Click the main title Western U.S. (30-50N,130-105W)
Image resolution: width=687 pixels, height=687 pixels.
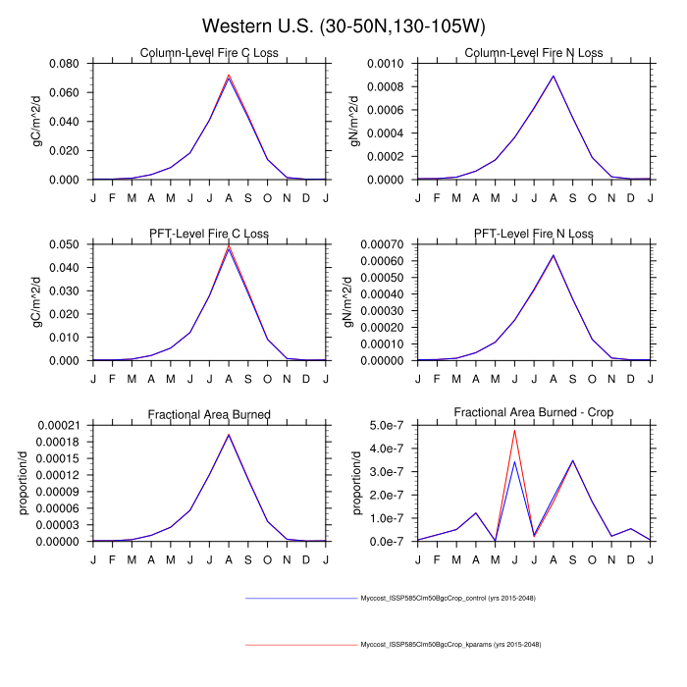[x=343, y=25]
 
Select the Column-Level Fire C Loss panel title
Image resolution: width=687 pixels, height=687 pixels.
[x=209, y=53]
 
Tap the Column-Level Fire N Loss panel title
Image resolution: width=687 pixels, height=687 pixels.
[x=534, y=53]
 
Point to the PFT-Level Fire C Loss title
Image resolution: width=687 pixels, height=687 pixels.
[x=209, y=234]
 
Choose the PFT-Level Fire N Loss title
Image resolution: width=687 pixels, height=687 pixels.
[x=534, y=234]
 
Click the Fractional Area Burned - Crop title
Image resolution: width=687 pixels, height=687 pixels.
[x=534, y=414]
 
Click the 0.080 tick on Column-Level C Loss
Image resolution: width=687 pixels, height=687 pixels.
[x=68, y=64]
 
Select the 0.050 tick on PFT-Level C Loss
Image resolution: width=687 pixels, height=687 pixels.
[x=68, y=244]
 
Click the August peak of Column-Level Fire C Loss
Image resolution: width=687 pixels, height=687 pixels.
[x=229, y=76]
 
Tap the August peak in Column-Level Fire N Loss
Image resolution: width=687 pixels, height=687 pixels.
[x=554, y=76]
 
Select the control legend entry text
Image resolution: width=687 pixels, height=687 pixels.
[x=448, y=598]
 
